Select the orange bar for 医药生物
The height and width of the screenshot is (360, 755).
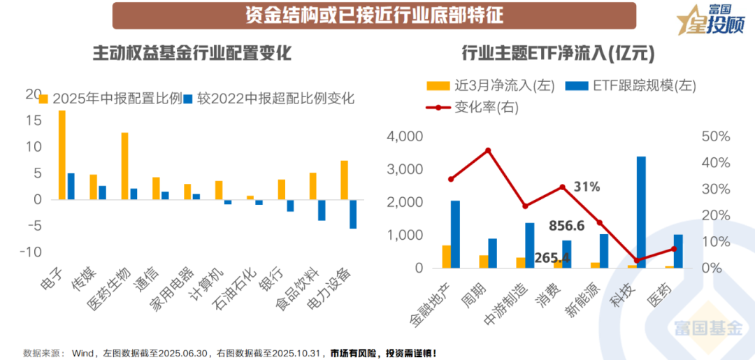124,166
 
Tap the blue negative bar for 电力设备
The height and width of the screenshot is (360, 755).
353,214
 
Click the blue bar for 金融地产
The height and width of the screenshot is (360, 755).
455,234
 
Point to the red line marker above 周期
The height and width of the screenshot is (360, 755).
488,150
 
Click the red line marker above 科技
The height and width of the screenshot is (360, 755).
636,260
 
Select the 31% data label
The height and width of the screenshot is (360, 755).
586,187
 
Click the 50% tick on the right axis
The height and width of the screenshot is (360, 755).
715,136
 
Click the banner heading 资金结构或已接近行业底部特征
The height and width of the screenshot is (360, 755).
375,15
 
